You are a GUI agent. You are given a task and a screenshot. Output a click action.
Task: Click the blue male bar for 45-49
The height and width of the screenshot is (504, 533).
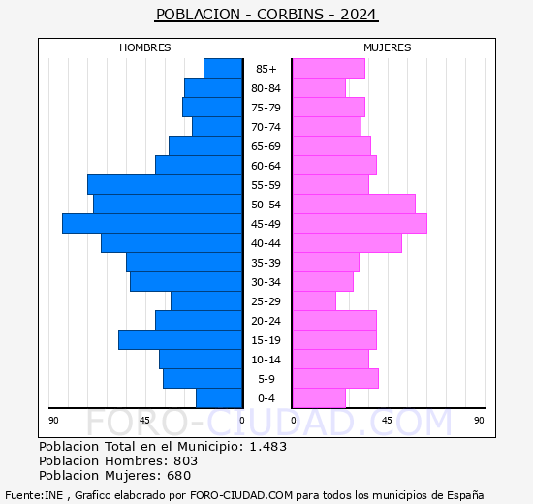(152, 224)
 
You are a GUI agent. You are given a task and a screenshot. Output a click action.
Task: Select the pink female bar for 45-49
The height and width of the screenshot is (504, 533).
(359, 224)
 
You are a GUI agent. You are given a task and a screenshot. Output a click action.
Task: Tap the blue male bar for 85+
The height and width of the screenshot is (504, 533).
(223, 69)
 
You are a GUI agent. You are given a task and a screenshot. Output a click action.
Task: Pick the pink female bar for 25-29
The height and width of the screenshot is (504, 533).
(313, 301)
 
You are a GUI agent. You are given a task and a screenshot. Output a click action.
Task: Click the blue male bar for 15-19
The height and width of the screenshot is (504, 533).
(180, 340)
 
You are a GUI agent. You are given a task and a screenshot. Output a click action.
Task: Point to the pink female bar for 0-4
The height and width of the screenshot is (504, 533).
(318, 398)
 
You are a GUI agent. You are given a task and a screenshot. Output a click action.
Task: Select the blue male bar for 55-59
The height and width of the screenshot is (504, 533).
(165, 185)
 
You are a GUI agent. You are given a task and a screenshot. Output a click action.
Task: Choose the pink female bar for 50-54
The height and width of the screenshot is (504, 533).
(353, 205)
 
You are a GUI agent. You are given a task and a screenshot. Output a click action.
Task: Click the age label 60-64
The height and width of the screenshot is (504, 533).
(266, 166)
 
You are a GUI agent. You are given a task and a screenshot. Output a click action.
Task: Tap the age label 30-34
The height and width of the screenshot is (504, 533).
(266, 282)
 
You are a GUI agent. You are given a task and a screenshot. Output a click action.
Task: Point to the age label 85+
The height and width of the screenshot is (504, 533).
(266, 69)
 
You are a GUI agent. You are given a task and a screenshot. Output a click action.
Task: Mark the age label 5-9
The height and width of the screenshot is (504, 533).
(266, 379)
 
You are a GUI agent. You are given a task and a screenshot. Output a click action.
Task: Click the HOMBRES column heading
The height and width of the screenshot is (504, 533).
(145, 47)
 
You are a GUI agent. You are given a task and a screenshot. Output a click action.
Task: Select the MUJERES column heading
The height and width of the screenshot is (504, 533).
(388, 47)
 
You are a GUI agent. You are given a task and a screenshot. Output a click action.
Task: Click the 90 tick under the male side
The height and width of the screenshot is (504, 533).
(54, 420)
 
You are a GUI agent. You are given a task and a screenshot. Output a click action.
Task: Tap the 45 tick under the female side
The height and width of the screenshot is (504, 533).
(386, 420)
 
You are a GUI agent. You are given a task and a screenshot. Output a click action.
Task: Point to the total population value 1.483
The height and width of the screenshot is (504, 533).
(266, 447)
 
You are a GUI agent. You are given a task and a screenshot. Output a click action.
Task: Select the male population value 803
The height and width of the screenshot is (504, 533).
(185, 461)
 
